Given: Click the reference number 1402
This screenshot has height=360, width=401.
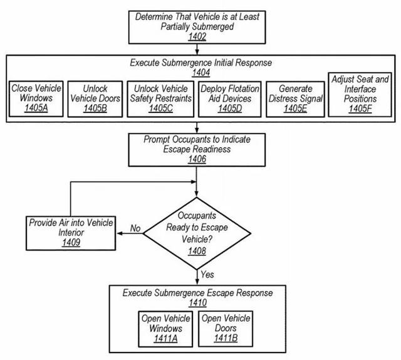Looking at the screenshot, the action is pos(197,36).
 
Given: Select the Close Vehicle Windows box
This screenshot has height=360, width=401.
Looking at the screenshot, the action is pos(36,99).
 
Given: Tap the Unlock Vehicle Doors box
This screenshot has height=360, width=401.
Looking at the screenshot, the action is pos(95,99).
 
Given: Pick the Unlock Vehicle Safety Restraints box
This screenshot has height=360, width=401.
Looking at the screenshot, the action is pos(160,99).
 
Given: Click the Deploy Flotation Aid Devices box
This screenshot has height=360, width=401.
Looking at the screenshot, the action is pos(230,99).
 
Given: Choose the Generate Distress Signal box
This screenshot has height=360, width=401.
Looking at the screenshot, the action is pos(295,99).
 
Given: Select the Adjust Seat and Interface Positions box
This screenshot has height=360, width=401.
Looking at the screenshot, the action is pos(360,95).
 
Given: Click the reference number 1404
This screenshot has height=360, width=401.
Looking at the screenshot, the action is pos(201,73).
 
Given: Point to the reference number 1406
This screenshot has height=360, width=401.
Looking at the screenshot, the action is pos(197,159).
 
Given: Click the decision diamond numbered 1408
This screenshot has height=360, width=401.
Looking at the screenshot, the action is pos(197,233).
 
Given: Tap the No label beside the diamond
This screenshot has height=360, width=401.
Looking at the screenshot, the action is pos(135,228).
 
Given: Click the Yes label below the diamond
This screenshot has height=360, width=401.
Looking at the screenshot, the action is pos(207,275).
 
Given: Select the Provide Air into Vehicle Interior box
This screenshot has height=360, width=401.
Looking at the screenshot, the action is pos(71,233).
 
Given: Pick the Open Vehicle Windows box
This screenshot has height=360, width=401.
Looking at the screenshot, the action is pos(165,329).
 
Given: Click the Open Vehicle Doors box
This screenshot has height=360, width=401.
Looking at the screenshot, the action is pos(226,329).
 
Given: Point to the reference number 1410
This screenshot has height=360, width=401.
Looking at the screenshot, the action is pos(198,303).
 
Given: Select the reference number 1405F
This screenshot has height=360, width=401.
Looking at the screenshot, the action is pos(360,109).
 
